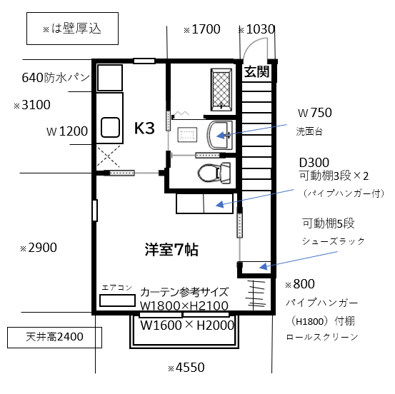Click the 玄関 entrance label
click(256, 72)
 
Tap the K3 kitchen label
click(144, 128)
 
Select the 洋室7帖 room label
click(171, 250)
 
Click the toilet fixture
click(214, 173)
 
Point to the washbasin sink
click(220, 135)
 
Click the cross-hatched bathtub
click(221, 90)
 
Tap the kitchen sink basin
click(110, 127)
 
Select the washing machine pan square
click(110, 78)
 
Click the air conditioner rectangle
click(117, 300)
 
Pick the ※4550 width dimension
click(186, 368)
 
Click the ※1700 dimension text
click(202, 29)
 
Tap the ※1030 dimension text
click(256, 29)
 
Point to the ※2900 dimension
click(39, 248)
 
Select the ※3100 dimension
click(32, 105)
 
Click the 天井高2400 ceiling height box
click(54, 338)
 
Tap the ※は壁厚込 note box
click(73, 29)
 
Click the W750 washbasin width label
click(314, 113)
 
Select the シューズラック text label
click(334, 241)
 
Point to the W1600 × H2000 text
click(187, 325)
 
